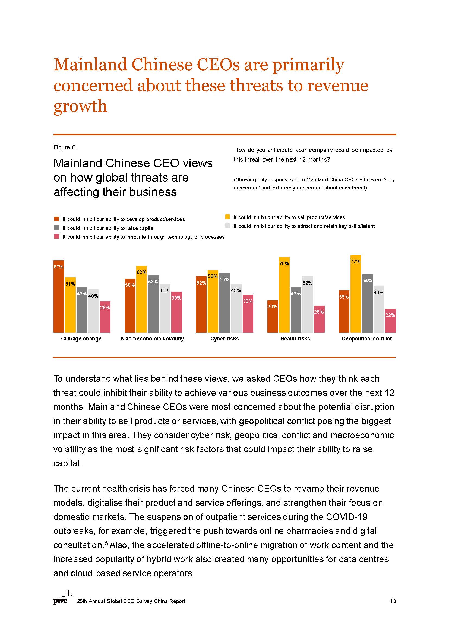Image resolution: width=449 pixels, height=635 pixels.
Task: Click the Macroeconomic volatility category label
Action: (x=152, y=339)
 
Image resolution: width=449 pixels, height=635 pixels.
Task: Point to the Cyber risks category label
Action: (x=224, y=339)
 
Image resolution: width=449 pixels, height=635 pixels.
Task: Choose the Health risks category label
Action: (x=295, y=339)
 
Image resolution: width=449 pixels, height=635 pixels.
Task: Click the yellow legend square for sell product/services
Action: (x=227, y=217)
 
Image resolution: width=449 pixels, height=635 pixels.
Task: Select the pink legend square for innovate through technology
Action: (x=57, y=236)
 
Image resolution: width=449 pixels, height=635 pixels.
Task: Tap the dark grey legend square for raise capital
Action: (x=57, y=228)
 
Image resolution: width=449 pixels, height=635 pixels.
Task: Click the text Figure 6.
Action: (x=65, y=147)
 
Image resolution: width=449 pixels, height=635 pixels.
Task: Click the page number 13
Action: (x=393, y=601)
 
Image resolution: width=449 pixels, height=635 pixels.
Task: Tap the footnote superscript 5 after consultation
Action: (x=106, y=544)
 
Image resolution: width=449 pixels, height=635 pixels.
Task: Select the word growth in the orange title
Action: (x=80, y=106)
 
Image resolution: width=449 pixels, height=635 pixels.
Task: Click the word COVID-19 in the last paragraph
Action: (x=347, y=517)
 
